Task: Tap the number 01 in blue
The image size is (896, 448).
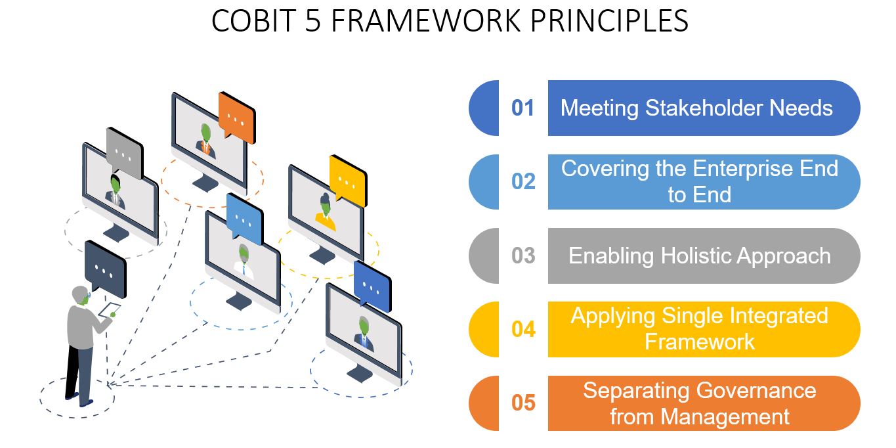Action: tap(523, 108)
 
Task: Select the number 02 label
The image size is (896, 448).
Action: tap(523, 182)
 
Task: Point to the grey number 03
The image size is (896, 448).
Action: tap(523, 256)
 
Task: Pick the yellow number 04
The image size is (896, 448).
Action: tap(523, 329)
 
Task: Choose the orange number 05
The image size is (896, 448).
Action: tap(523, 403)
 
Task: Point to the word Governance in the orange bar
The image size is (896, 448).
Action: tap(756, 390)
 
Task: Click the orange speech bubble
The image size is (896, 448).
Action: tap(236, 117)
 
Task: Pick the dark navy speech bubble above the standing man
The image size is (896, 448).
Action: tap(104, 267)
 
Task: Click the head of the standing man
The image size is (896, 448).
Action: tap(81, 296)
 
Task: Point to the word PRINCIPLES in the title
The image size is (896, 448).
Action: tap(608, 22)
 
